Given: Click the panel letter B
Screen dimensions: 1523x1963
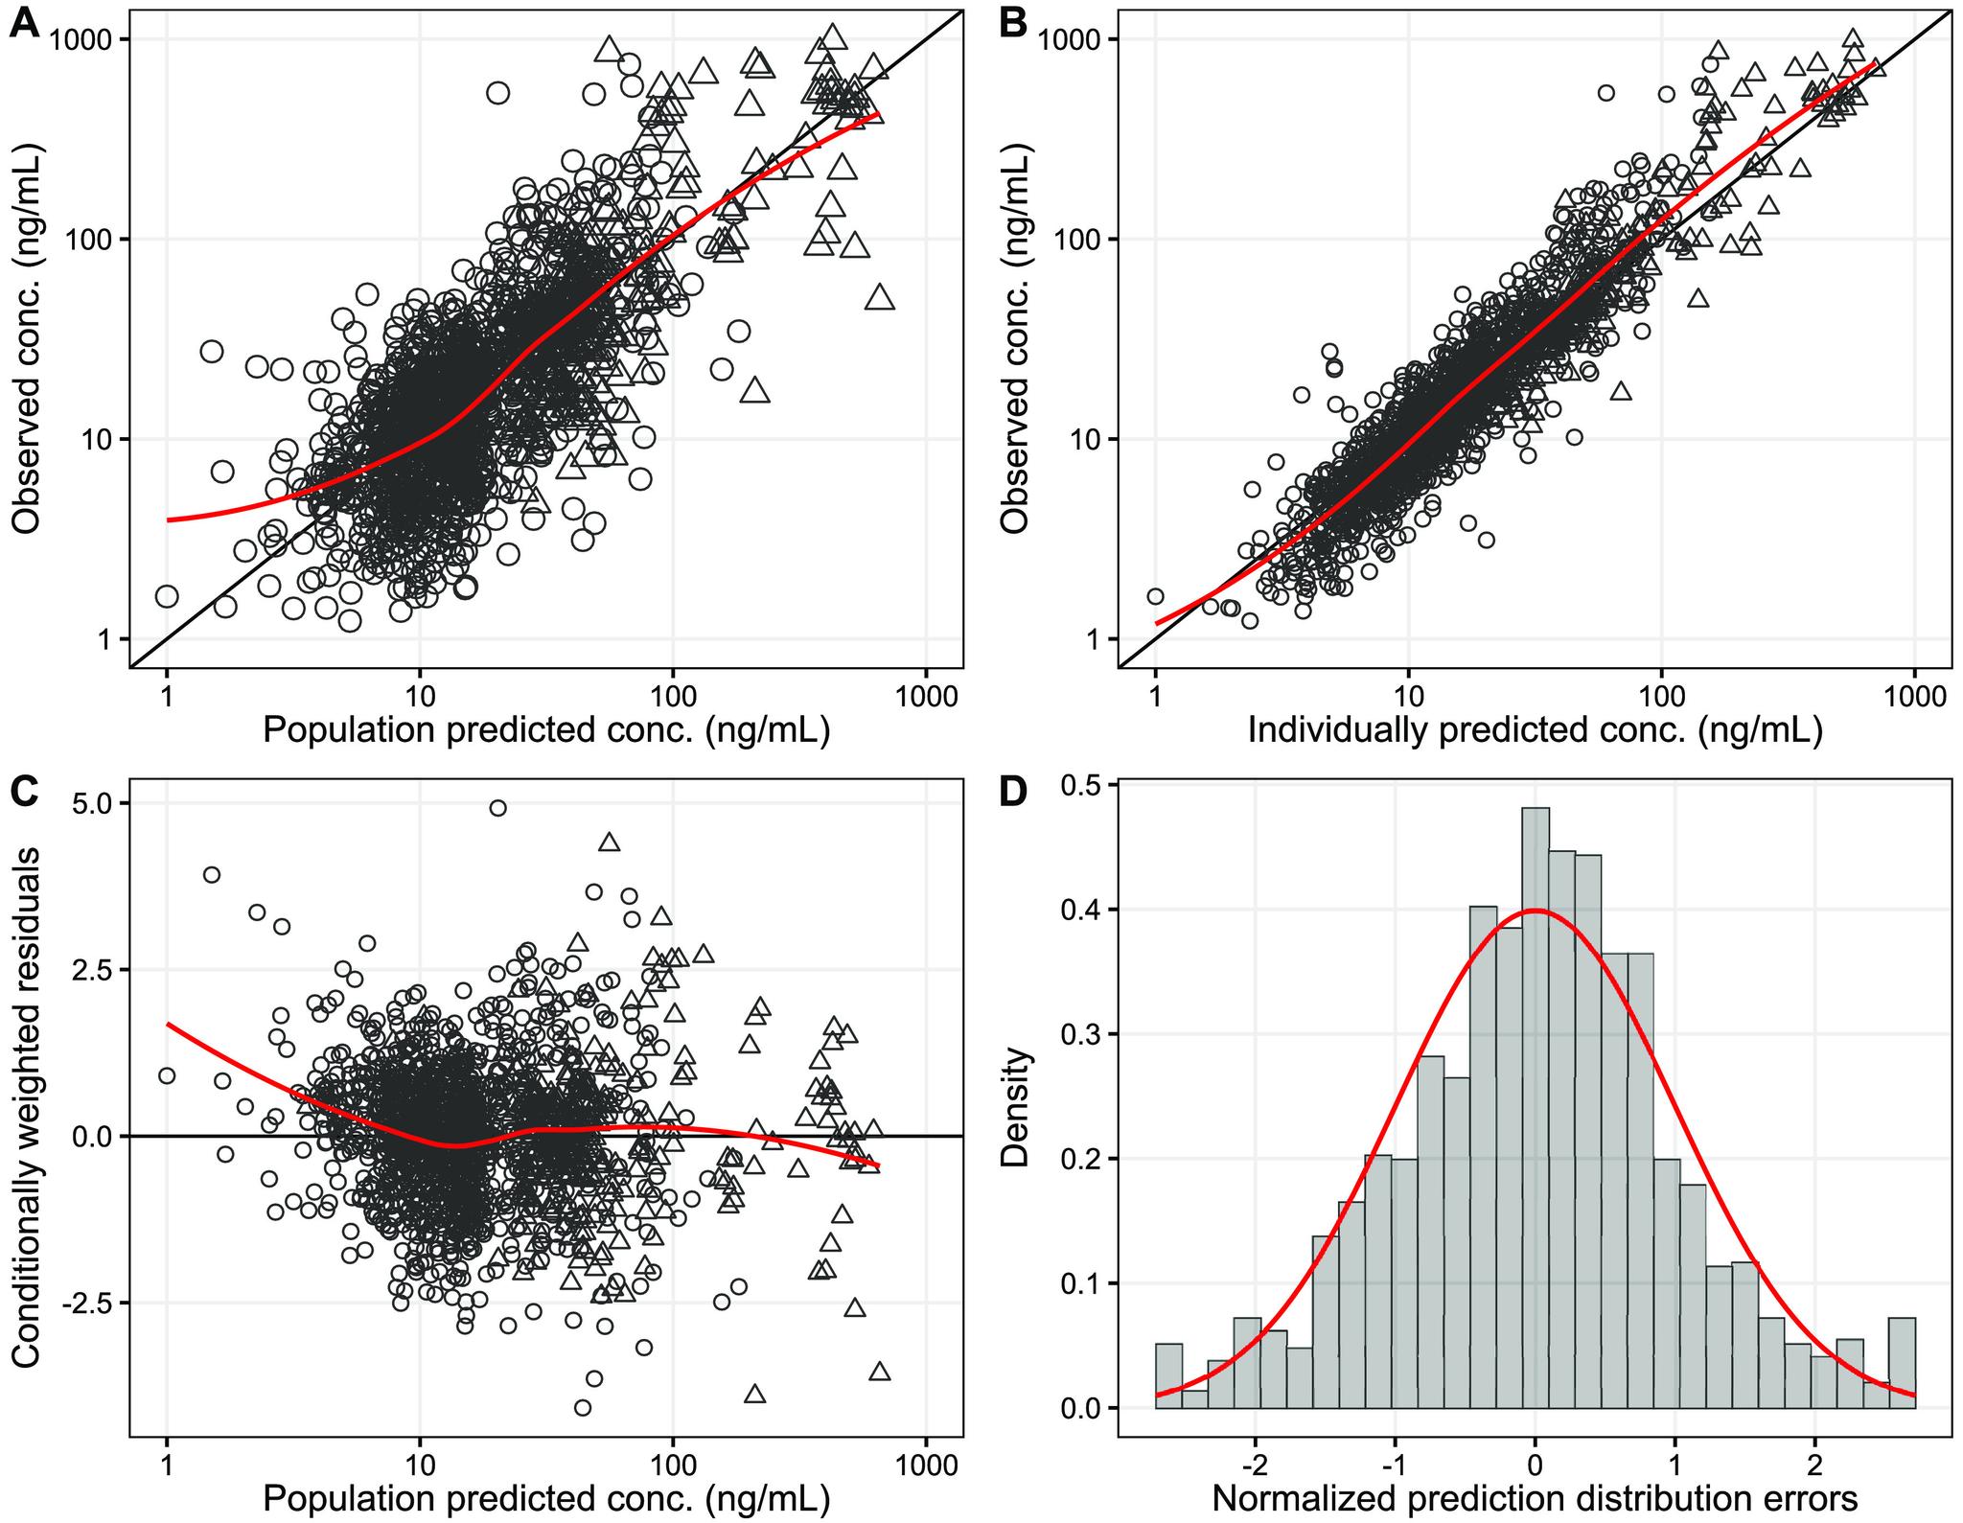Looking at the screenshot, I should [x=1013, y=21].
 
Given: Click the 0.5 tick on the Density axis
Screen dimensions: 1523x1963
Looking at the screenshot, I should [x=1081, y=785].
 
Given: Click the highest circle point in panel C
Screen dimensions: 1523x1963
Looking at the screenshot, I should [x=497, y=808].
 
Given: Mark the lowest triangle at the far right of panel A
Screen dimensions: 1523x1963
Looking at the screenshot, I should [x=880, y=298].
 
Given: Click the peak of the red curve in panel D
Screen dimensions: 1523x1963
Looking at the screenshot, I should [x=1536, y=911].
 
